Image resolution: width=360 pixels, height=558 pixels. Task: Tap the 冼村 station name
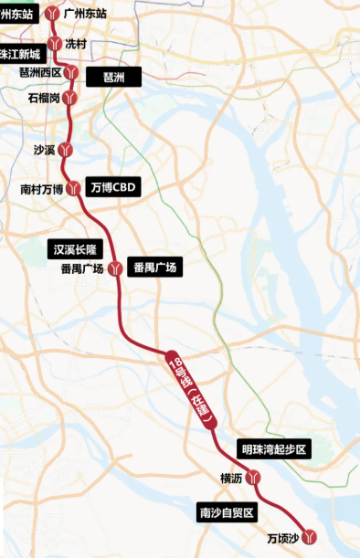click(x=75, y=42)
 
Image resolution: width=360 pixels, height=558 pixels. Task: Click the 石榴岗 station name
click(x=45, y=97)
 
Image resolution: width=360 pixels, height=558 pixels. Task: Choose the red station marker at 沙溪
click(x=64, y=150)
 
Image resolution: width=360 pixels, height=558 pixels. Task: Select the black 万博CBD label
click(x=113, y=188)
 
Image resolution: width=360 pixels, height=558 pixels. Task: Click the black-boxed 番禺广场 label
click(x=156, y=268)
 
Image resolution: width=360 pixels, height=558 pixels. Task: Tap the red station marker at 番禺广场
click(x=115, y=268)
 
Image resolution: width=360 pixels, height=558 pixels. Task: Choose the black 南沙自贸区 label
click(x=229, y=513)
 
